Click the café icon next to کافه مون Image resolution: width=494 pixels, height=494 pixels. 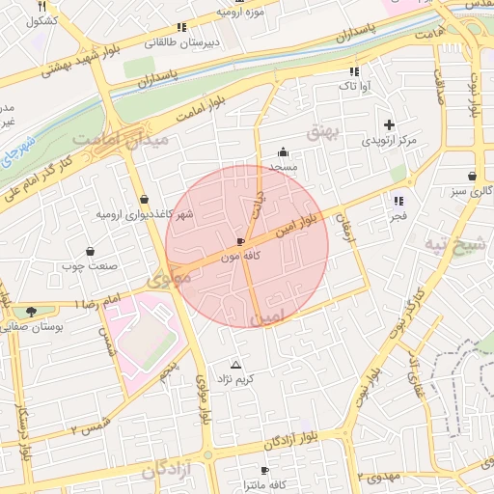coord(240,241)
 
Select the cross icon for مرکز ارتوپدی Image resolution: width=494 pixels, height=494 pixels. coord(389,124)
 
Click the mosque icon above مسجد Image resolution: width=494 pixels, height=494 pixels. coord(283,151)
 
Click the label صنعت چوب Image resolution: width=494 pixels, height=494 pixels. coord(89,264)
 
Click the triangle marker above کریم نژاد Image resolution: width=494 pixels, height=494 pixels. coord(236,365)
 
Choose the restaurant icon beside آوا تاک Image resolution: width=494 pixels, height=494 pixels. coord(353,71)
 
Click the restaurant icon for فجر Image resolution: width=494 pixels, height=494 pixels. coord(398,201)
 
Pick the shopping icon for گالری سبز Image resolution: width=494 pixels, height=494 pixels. coord(471,177)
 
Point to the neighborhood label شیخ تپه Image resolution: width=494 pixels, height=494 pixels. coord(456,246)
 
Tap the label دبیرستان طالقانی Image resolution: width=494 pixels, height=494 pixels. coord(182,42)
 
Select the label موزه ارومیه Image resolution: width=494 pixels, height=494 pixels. coord(241,14)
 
